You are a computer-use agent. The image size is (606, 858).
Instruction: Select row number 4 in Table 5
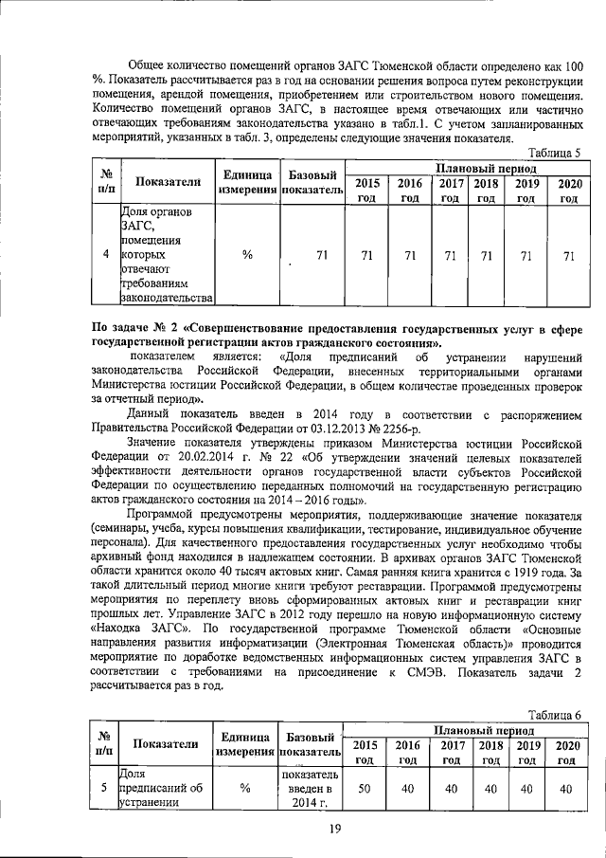(x=105, y=255)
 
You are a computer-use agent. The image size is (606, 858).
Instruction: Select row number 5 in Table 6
(x=105, y=788)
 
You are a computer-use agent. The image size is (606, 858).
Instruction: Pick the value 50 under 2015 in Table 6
(x=365, y=788)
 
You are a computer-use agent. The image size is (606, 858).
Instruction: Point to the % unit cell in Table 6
(x=246, y=788)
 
